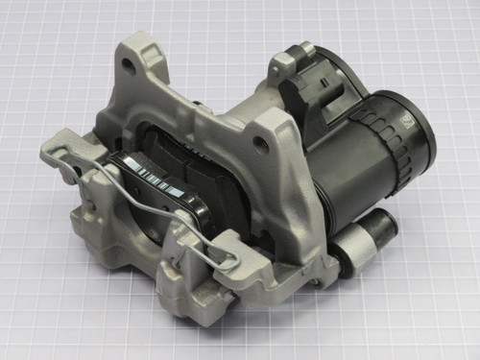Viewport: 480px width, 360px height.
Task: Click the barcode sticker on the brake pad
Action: tap(154, 178)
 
